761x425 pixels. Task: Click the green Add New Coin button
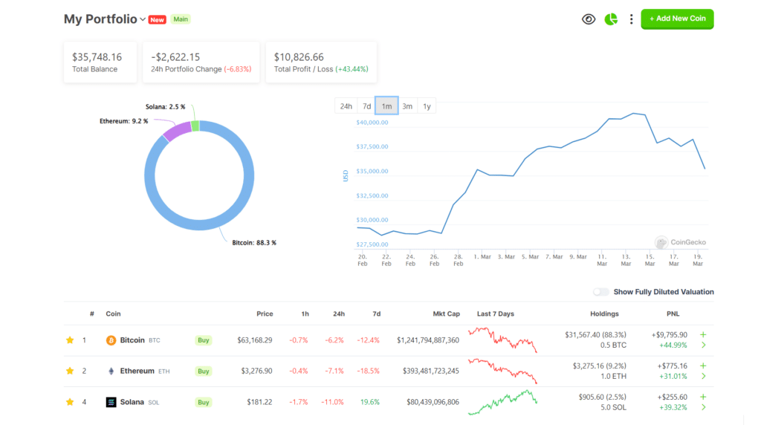click(x=677, y=19)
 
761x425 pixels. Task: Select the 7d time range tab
click(x=366, y=106)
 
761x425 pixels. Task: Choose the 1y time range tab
click(x=427, y=106)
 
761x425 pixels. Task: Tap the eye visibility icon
click(x=589, y=19)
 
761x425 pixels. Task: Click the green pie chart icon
click(x=611, y=19)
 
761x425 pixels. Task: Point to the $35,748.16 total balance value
click(x=97, y=56)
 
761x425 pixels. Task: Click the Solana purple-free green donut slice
click(x=195, y=126)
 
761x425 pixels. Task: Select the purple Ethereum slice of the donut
click(x=177, y=132)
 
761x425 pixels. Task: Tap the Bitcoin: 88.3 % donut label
click(x=254, y=243)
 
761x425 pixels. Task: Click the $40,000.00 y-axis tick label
click(x=372, y=123)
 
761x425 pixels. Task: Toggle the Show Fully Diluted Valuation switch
click(x=600, y=292)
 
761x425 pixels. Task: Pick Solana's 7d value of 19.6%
click(x=369, y=402)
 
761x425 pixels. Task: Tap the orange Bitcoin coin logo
click(x=111, y=340)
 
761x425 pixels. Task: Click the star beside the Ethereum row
click(x=70, y=371)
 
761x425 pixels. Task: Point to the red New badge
click(x=157, y=20)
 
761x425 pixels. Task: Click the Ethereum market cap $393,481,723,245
click(x=427, y=371)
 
